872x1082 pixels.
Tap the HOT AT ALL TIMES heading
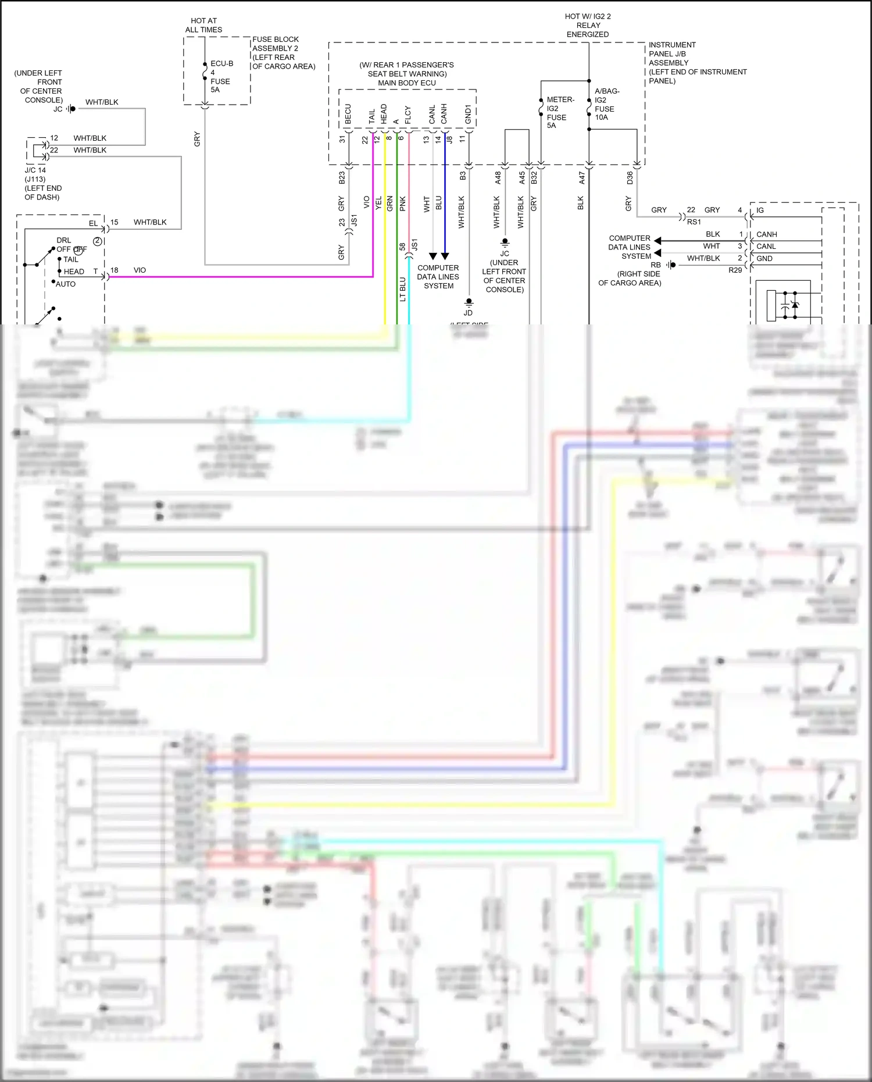coord(203,25)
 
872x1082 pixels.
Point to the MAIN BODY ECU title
coord(407,83)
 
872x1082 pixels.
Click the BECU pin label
coord(348,114)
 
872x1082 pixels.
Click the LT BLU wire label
coord(402,289)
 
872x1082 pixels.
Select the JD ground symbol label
coord(468,313)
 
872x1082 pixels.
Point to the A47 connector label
coord(582,178)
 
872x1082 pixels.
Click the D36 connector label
coord(630,178)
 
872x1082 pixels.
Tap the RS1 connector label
coord(694,222)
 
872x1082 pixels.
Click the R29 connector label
coord(735,270)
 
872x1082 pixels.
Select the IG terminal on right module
coord(760,210)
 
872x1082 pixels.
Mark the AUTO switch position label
coord(65,284)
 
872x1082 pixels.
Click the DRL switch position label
coord(63,240)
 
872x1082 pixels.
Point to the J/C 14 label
coord(35,170)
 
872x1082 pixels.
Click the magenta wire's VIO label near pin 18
coord(140,270)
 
